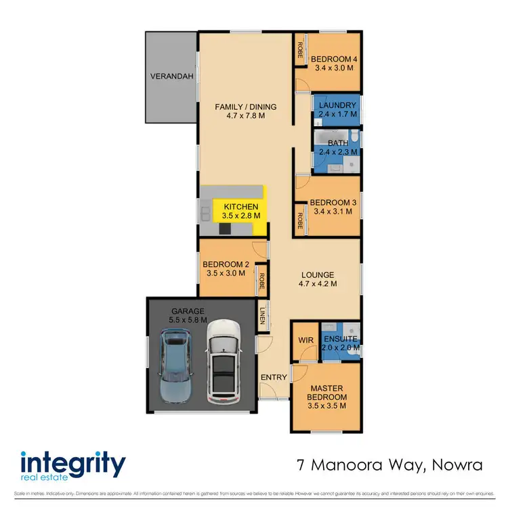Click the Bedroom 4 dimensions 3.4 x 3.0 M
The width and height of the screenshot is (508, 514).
[334, 68]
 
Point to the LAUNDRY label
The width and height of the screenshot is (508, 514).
[337, 105]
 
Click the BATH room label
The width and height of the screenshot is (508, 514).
[337, 143]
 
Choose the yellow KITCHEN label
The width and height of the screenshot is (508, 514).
[240, 205]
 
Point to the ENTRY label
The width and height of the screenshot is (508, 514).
[274, 377]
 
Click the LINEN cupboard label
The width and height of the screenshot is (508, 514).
[263, 317]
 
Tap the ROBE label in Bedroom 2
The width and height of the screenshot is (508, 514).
[261, 280]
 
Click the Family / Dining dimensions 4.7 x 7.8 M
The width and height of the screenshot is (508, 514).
[245, 116]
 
